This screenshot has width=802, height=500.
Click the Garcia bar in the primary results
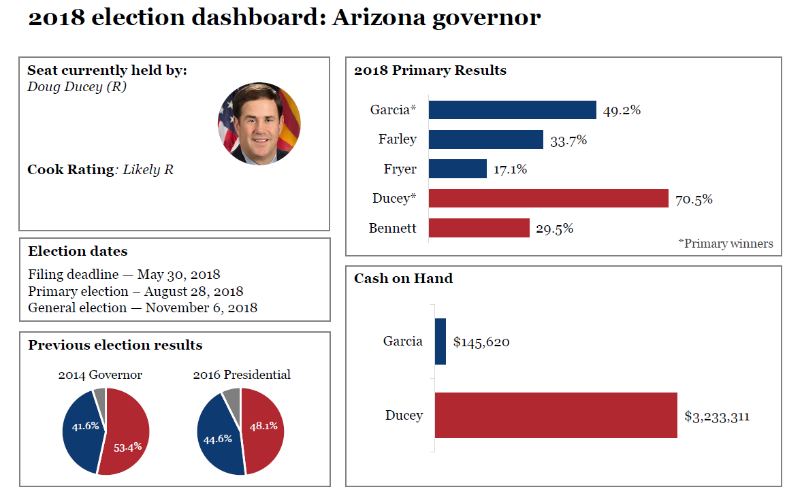pyautogui.click(x=512, y=110)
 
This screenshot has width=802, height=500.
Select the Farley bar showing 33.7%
pyautogui.click(x=485, y=139)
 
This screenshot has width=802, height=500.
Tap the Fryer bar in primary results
pyautogui.click(x=458, y=169)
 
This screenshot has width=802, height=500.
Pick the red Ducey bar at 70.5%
pyautogui.click(x=548, y=199)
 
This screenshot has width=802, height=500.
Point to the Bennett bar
pyautogui.click(x=479, y=228)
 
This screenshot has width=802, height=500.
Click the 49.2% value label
pyautogui.click(x=622, y=110)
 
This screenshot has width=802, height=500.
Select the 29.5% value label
pyautogui.click(x=554, y=229)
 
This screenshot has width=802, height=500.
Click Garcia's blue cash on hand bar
pyautogui.click(x=440, y=341)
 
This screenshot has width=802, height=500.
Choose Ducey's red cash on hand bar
pyautogui.click(x=556, y=415)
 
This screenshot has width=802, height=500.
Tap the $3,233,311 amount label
pyautogui.click(x=717, y=416)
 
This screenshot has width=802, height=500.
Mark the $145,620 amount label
pyautogui.click(x=481, y=342)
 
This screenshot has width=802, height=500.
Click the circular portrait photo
pyautogui.click(x=259, y=124)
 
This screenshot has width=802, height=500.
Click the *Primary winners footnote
pyautogui.click(x=726, y=244)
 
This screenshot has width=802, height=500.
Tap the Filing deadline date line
pyautogui.click(x=124, y=275)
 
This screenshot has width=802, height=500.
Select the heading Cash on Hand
pyautogui.click(x=403, y=278)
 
